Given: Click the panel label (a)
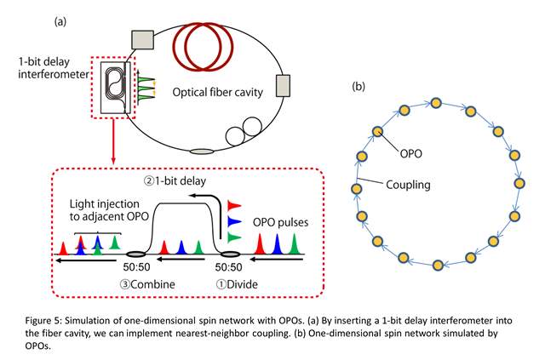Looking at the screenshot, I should point(61,20).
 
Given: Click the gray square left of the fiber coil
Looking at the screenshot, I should point(141,38).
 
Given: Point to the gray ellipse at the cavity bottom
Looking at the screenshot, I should point(201,151).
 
